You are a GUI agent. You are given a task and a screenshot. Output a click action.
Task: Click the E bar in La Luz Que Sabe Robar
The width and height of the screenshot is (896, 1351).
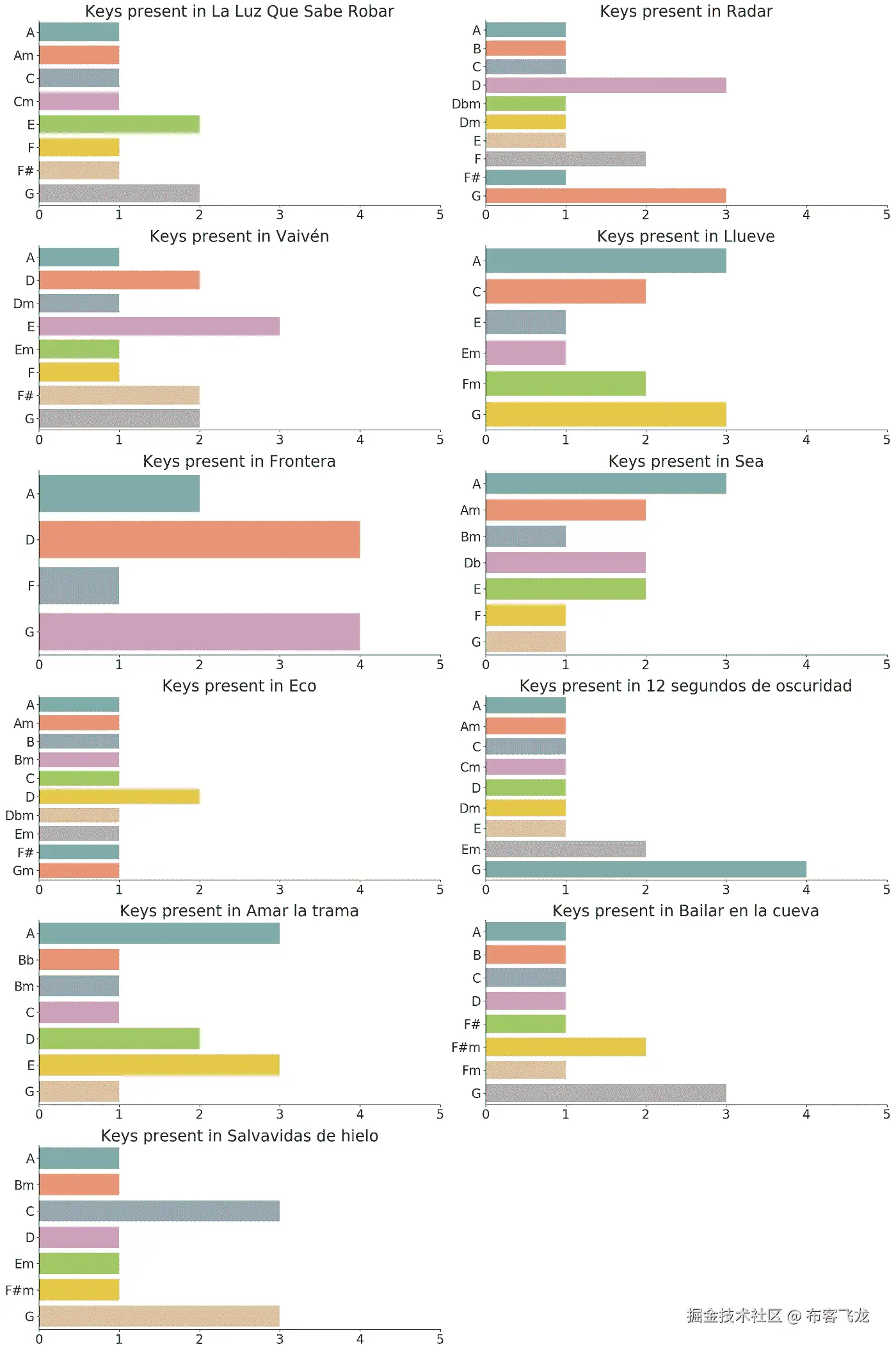coord(119,124)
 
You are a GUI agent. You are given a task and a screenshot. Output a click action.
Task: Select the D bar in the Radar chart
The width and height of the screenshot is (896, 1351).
coord(605,85)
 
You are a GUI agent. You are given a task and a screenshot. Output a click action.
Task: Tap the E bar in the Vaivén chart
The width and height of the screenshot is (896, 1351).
coord(159,327)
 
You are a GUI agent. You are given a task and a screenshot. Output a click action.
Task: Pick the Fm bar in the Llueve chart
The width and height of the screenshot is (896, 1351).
coord(565,384)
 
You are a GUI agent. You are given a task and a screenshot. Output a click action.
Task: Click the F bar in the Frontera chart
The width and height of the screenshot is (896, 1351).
coord(79,586)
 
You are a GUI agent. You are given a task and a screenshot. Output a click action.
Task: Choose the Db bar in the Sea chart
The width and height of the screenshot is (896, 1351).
coord(565,563)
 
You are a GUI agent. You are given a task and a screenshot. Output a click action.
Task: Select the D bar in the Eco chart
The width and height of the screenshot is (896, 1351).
coord(119,797)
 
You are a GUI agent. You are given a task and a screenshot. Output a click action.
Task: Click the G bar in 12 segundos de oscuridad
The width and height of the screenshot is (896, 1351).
coord(646,870)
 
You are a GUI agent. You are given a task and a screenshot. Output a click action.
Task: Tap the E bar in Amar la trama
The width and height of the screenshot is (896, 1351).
coord(159,1065)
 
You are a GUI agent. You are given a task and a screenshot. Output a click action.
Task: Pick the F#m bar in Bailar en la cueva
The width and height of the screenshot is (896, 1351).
coord(565,1047)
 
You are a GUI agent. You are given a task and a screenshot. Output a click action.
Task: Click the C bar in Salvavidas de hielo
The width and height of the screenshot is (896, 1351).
coord(159,1211)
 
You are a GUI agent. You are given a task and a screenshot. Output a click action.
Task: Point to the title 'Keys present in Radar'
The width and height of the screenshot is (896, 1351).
coord(685,12)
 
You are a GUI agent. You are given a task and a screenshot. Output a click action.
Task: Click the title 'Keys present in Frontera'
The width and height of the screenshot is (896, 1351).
coord(239,461)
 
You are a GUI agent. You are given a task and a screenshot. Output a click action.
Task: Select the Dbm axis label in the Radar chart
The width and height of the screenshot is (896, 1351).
coord(466,104)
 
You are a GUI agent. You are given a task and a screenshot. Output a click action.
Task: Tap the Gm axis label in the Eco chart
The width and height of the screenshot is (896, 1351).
coord(23,871)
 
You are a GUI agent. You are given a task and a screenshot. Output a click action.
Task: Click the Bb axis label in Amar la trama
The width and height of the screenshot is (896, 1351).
coord(26,960)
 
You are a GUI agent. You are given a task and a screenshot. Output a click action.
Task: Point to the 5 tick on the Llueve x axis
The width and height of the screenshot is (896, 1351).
coord(886,440)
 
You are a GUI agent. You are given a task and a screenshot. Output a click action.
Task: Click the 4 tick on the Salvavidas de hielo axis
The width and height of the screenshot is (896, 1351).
coord(360,1339)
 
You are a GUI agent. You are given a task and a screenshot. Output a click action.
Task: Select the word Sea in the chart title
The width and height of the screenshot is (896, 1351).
coord(749,461)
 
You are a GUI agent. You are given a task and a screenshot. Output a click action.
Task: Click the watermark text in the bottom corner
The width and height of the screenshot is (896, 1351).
coord(778,1316)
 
